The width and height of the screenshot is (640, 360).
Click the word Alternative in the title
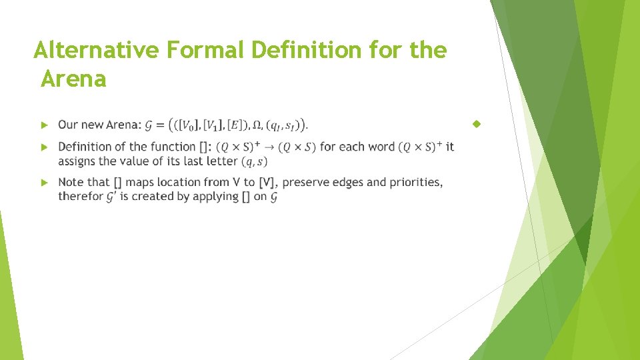(x=97, y=50)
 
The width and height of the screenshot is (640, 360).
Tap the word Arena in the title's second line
(x=73, y=79)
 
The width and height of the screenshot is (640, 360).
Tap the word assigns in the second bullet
(x=79, y=161)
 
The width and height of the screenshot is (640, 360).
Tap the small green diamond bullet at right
(x=476, y=124)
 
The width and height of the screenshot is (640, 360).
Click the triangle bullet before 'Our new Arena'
(x=43, y=125)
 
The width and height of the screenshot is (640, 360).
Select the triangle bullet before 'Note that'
(x=43, y=182)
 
